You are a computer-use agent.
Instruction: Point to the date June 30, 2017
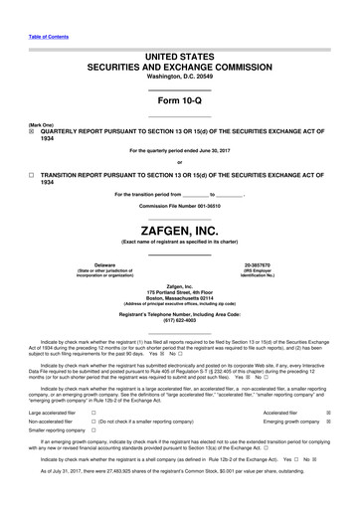[x=228, y=151]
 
